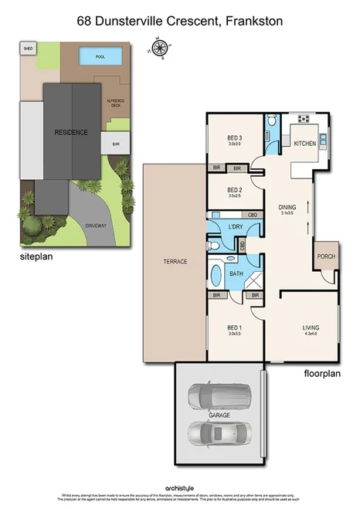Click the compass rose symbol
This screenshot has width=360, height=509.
tap(160, 49)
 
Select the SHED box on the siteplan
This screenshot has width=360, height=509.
tap(29, 48)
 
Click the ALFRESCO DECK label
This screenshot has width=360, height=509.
tap(113, 102)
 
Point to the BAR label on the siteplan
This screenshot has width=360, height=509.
tap(116, 144)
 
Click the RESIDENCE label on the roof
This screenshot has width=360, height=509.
tap(71, 132)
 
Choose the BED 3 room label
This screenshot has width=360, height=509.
tap(235, 140)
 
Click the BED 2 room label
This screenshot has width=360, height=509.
tap(235, 191)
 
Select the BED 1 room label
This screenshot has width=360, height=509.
tap(235, 328)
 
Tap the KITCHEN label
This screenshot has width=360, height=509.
tap(304, 144)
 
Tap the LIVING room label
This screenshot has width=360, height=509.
tap(310, 328)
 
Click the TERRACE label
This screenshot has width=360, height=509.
tap(175, 262)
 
